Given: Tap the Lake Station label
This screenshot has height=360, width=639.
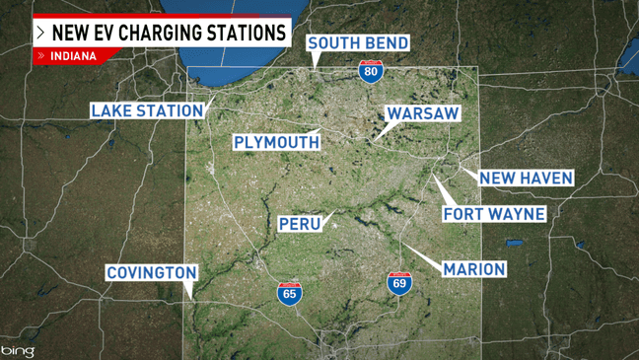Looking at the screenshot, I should point(147,110).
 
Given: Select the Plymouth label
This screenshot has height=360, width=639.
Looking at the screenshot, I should point(277,142).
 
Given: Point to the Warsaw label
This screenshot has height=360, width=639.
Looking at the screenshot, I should point(422,113).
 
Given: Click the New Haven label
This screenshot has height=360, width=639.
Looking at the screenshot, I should point(526,178).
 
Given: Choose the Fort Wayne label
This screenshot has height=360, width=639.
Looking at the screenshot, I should point(494,214).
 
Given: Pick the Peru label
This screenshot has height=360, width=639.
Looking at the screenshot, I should point(301,223).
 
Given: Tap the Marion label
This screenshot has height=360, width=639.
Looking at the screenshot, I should point(474,268).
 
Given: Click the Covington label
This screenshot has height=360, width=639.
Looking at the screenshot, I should point(152,272).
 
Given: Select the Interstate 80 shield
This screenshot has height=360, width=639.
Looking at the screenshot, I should point(371,71).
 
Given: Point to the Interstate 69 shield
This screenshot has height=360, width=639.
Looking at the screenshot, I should point(399,283).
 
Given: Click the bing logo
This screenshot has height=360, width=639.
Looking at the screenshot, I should point(17,350).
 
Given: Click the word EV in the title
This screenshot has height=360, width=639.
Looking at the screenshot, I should point(104,33).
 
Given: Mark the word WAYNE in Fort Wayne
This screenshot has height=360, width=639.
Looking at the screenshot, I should point(517,214).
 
